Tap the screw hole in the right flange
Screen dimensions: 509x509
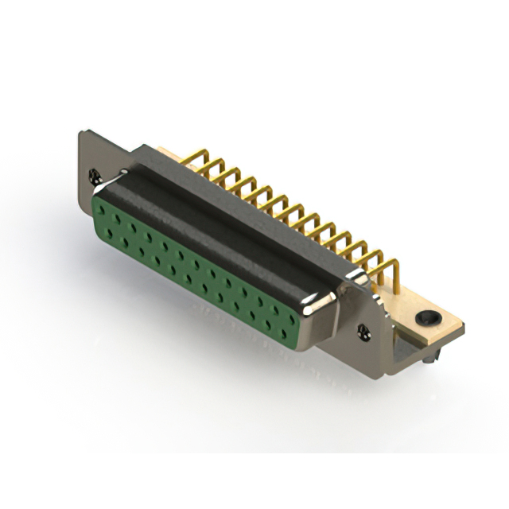pyautogui.click(x=364, y=328)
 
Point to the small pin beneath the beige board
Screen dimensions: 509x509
pyautogui.click(x=430, y=361)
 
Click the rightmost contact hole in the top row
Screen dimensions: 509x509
pyautogui.click(x=289, y=314)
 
